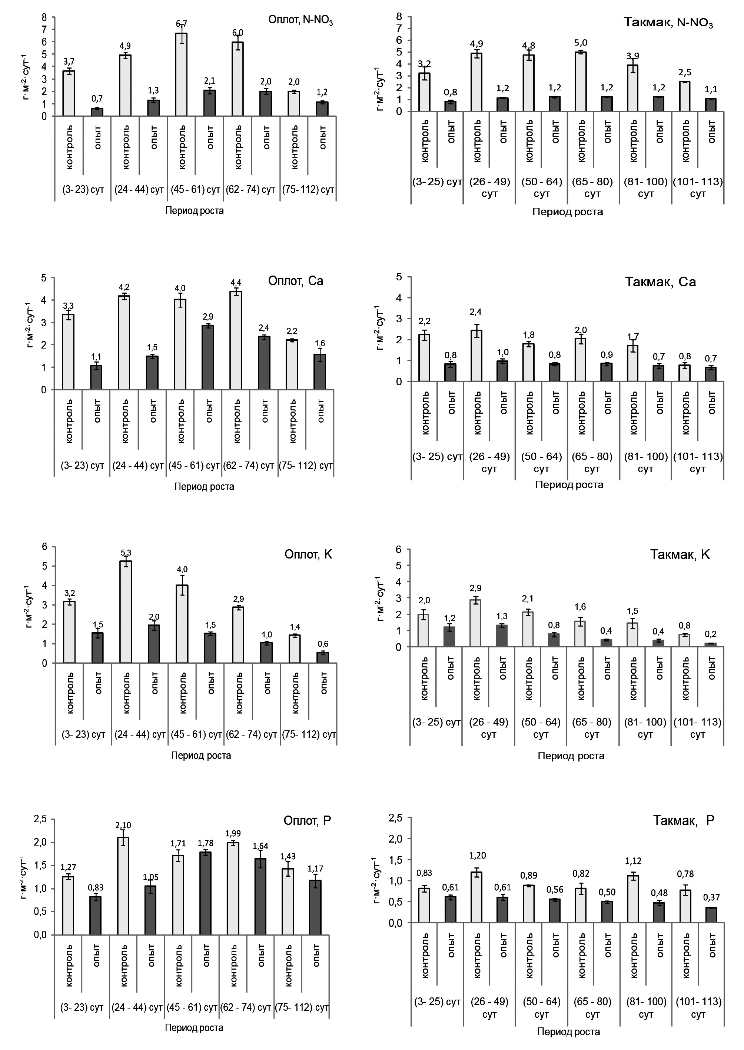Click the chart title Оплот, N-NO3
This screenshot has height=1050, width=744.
pyautogui.click(x=300, y=21)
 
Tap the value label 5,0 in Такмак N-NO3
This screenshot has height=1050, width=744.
pyautogui.click(x=581, y=43)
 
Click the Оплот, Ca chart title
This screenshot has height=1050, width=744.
pyautogui.click(x=296, y=281)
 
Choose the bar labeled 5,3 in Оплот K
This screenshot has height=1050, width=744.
pyautogui.click(x=126, y=612)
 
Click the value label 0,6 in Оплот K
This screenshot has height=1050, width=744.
pyautogui.click(x=323, y=643)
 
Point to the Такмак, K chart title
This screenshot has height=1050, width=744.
pyautogui.click(x=680, y=554)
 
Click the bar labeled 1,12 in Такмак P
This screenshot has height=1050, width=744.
pyautogui.click(x=633, y=899)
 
